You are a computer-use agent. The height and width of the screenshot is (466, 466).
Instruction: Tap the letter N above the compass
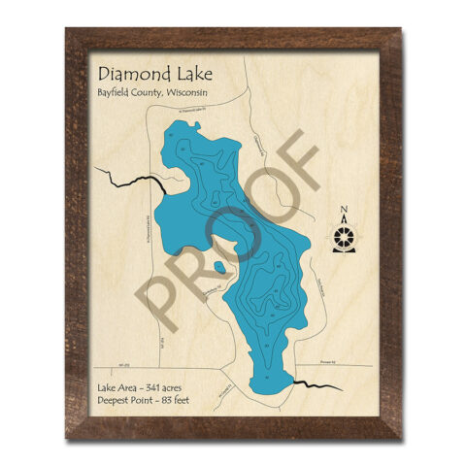[344, 211]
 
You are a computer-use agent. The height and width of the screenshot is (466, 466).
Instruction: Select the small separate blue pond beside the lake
[219, 267]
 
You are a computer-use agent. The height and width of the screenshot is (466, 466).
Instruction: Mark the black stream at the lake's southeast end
[315, 385]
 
